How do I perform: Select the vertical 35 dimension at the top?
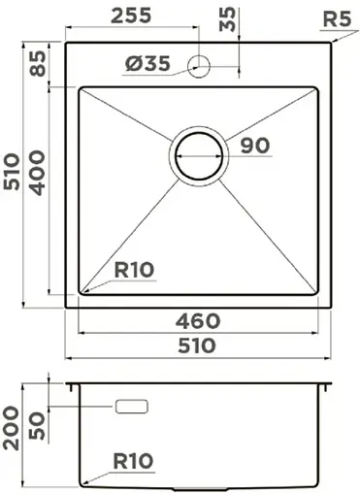[x=229, y=20]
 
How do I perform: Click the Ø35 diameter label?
[x=147, y=64]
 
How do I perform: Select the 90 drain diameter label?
[x=253, y=146]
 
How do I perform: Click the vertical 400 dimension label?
[x=39, y=175]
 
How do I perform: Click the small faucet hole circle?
[x=201, y=65]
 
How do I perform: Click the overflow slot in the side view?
[x=131, y=407]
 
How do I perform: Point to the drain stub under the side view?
[x=199, y=484]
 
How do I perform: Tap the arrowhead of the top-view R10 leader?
[x=82, y=290]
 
